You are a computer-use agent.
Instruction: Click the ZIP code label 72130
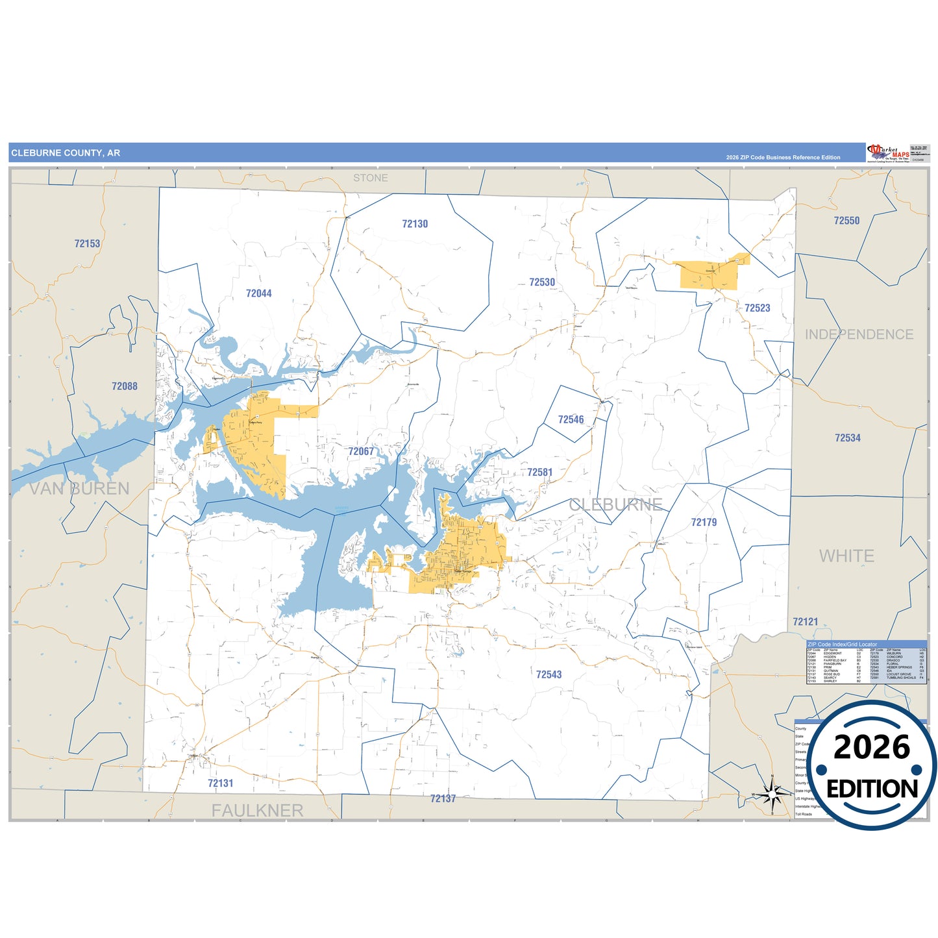(415, 224)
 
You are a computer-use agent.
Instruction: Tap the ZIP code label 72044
(258, 293)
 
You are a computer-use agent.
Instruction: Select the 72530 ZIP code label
(542, 282)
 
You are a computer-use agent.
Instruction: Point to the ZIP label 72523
(757, 308)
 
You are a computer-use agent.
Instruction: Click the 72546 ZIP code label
(571, 420)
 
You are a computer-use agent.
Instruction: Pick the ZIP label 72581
(539, 473)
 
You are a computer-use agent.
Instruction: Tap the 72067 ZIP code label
(361, 452)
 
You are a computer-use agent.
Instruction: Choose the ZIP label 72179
(704, 523)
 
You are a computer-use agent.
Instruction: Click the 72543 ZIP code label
(549, 675)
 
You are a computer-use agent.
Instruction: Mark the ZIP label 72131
(220, 784)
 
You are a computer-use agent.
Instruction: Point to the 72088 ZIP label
(125, 386)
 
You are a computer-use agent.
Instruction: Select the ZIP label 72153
(87, 244)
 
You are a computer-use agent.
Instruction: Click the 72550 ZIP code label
(846, 221)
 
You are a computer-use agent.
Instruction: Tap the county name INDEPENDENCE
(859, 335)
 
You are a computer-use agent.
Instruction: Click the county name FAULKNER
(257, 811)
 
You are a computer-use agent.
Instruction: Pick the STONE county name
(371, 178)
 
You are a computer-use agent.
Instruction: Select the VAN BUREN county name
(80, 489)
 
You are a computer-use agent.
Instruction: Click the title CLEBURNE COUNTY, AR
(66, 153)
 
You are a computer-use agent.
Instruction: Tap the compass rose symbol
(772, 793)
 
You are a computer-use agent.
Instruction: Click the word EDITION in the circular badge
(872, 789)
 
